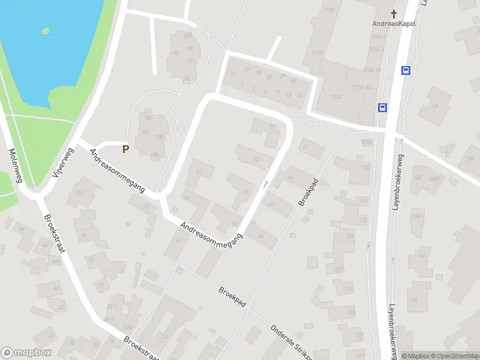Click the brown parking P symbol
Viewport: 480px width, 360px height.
coord(125,149)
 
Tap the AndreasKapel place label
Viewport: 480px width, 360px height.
coord(394,24)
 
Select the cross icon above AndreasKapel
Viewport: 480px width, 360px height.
coord(394,13)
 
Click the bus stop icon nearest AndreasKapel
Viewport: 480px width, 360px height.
coord(406,70)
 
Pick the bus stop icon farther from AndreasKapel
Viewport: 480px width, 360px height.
coord(382,107)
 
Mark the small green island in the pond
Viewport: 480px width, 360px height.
coord(45,30)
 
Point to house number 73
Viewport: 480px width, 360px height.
coord(272,127)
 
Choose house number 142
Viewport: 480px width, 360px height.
coord(417,217)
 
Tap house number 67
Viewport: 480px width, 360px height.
coord(305,146)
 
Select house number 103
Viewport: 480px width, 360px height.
coord(148,118)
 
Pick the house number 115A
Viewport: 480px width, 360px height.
coord(367,142)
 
